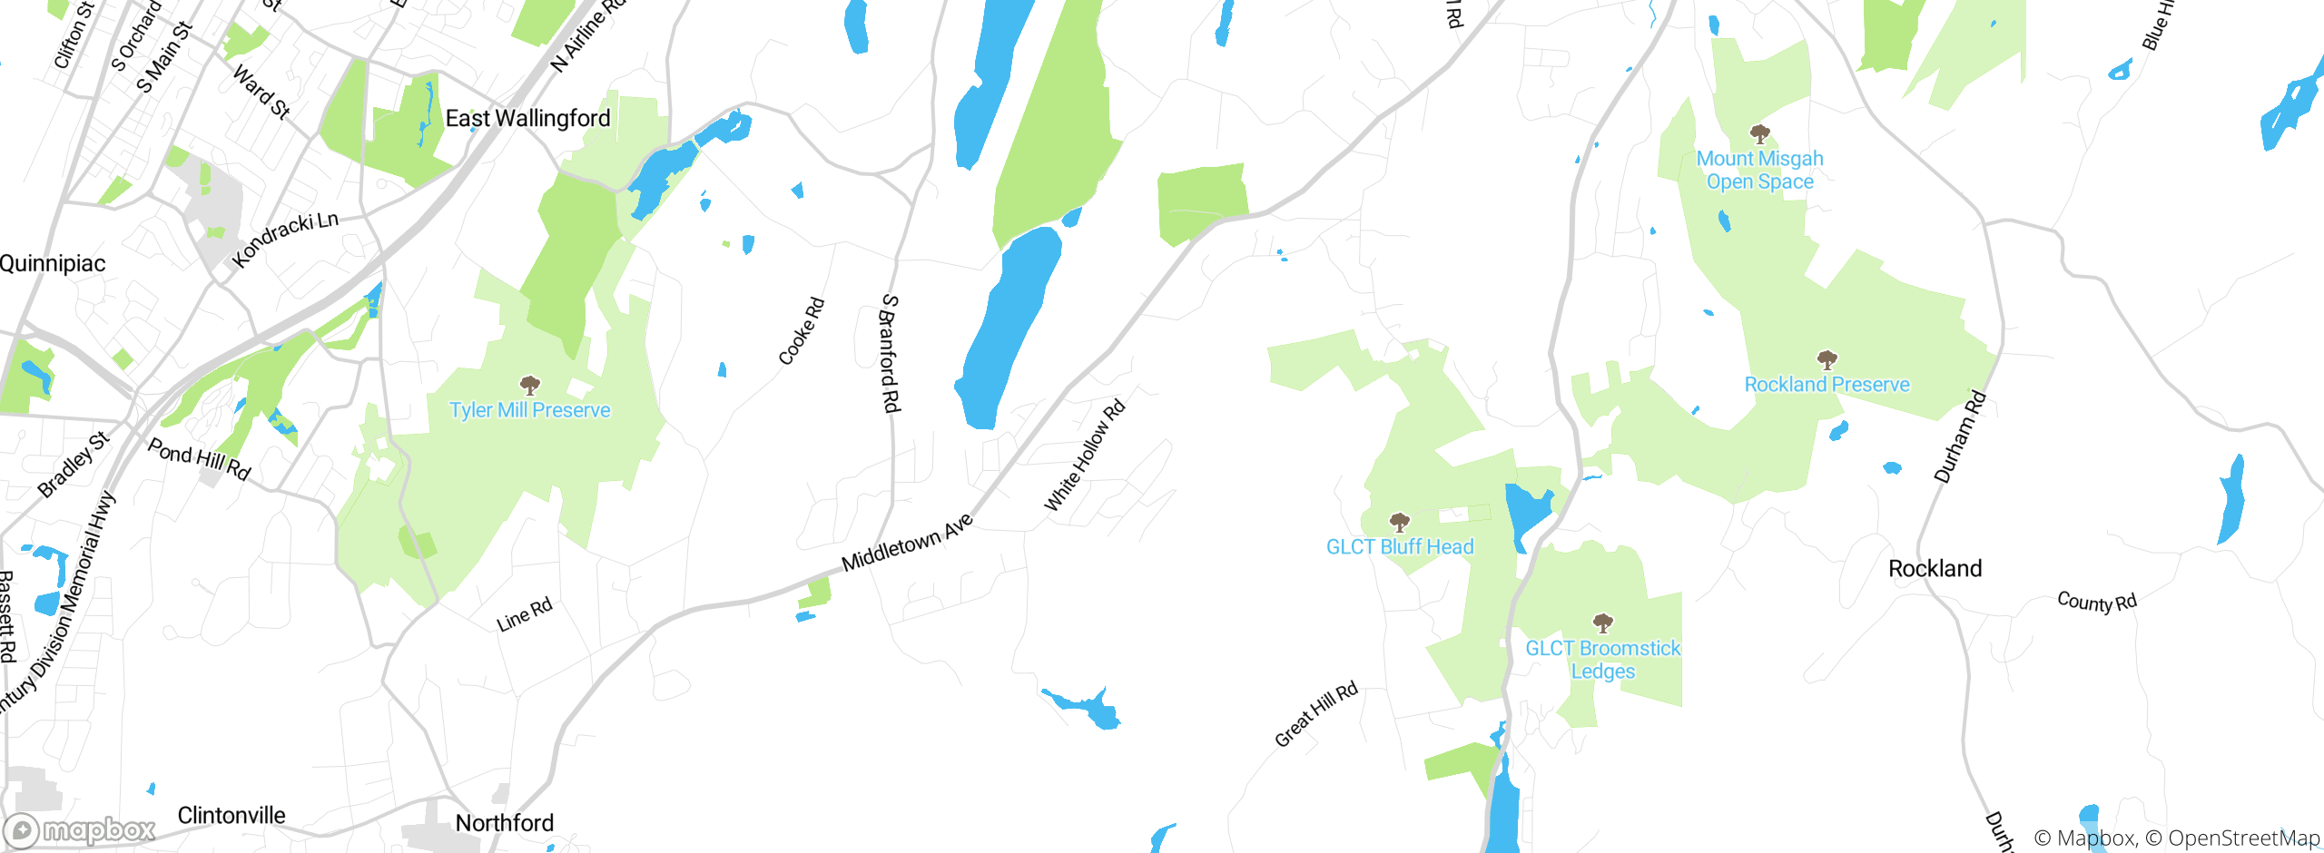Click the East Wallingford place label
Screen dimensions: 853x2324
coord(527,119)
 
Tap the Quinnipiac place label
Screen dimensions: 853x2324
coord(53,264)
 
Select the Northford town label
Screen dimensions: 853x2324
coord(504,823)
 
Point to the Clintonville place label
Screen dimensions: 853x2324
coord(231,816)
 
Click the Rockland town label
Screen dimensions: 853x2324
coord(1935,569)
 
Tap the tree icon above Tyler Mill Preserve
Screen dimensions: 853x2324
coord(530,386)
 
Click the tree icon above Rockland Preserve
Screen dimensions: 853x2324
coord(1827,360)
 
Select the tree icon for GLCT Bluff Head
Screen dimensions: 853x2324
coord(1400,523)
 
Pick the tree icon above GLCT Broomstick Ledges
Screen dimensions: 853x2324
coord(1603,623)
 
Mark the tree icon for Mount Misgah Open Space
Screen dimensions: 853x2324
coord(1760,135)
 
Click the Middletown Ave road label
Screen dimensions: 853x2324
coord(907,543)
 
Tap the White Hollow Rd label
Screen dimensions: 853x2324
coord(1085,456)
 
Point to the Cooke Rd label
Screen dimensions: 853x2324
coord(802,331)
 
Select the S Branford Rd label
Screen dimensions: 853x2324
coord(890,353)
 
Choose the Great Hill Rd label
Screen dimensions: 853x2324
coord(1316,714)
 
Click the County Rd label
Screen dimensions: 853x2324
coord(2097,602)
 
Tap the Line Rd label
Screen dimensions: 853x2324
coord(525,615)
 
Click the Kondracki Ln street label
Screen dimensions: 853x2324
coord(285,240)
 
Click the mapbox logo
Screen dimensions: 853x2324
coord(80,830)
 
